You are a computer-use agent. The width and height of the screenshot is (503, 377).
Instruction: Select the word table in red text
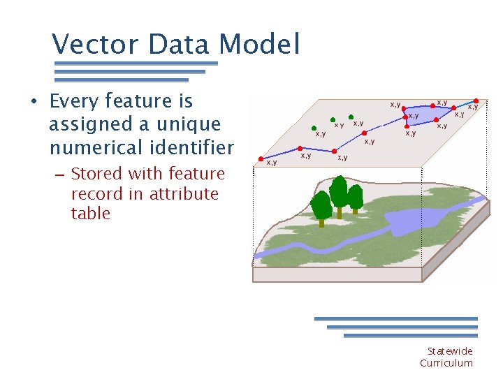point(91,214)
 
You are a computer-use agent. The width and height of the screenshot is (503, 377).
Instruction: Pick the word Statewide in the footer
point(450,351)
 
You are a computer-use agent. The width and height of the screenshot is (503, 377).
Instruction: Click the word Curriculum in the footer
point(446,363)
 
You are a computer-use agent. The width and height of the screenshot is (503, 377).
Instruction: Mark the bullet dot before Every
point(34,102)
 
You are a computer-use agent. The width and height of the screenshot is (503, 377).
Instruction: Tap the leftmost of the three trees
point(321,207)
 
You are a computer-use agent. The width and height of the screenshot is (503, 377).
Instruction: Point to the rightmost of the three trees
point(355,198)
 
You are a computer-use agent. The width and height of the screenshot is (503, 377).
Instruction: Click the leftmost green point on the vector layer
point(314,128)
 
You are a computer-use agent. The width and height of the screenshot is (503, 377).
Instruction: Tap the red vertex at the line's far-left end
point(260,158)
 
